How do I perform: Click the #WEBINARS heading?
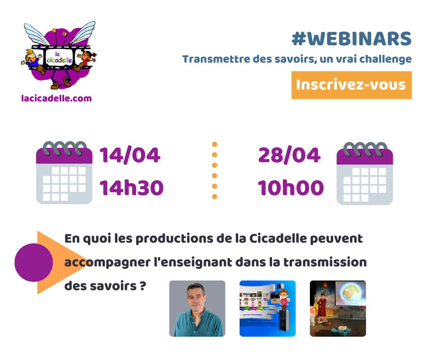[x=351, y=39]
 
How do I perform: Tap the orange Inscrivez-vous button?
[x=351, y=85]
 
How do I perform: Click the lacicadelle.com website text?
[x=56, y=98]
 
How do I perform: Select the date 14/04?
[x=130, y=155]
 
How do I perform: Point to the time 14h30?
[x=131, y=188]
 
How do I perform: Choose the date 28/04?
[x=289, y=155]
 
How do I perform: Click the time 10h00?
[x=291, y=188]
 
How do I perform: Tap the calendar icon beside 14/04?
[x=64, y=173]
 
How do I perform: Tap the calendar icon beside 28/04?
[x=365, y=174]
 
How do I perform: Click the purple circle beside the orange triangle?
[x=33, y=263]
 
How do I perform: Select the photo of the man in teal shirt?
[x=197, y=308]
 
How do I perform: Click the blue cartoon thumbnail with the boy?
[x=267, y=308]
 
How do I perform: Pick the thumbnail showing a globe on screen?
[x=338, y=308]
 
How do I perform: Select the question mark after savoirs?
[x=143, y=286]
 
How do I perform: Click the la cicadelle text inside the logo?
[x=59, y=58]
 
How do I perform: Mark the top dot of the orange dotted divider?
[x=214, y=144]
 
